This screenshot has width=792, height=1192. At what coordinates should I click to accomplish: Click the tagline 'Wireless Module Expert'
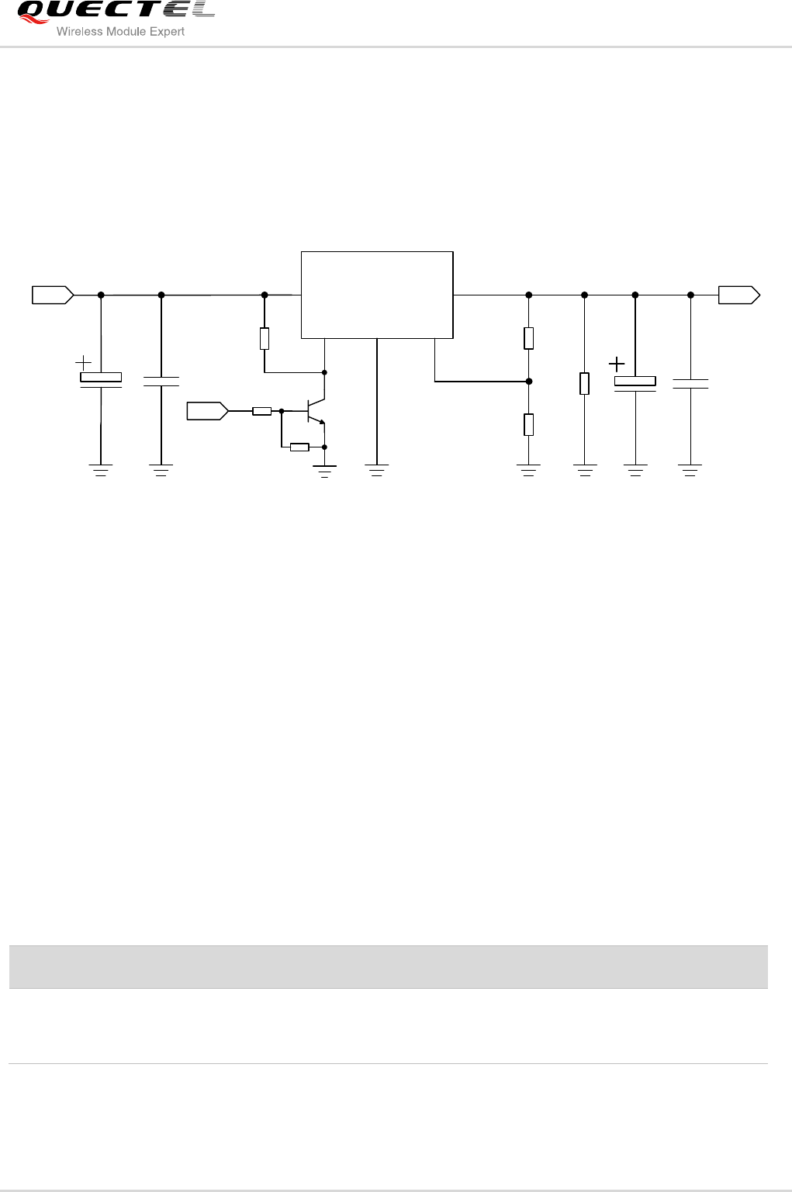[x=121, y=32]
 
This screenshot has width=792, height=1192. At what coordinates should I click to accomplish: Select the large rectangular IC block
[x=376, y=295]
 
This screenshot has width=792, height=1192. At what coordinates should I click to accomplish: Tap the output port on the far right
[x=738, y=295]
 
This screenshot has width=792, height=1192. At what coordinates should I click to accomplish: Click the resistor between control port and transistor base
[x=261, y=411]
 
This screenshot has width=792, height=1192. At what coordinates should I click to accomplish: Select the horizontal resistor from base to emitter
[x=299, y=447]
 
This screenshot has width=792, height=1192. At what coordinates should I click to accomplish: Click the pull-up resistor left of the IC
[x=265, y=339]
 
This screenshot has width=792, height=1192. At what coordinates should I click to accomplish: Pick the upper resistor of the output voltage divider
[x=528, y=338]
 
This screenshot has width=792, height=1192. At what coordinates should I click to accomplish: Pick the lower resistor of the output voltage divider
[x=528, y=425]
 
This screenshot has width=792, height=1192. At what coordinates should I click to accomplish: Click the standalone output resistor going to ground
[x=584, y=383]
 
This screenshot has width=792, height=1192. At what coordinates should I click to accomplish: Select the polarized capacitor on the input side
[x=101, y=379]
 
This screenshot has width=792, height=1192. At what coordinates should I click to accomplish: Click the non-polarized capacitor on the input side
[x=161, y=381]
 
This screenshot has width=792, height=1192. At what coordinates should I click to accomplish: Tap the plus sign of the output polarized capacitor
[x=617, y=364]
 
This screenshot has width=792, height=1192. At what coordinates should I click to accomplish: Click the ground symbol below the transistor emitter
[x=324, y=469]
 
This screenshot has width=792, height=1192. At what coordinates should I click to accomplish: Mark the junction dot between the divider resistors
[x=528, y=382]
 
